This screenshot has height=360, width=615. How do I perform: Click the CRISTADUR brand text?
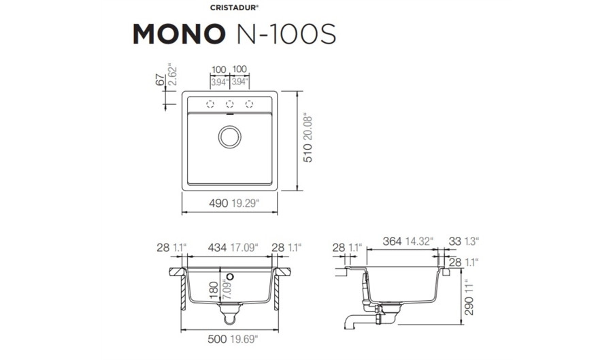tap(234, 7)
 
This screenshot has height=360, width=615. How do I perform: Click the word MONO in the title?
tap(179, 34)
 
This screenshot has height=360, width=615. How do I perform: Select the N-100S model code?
tap(285, 34)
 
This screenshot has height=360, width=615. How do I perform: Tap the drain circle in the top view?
tap(230, 137)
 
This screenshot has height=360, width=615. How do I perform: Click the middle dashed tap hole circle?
tap(230, 104)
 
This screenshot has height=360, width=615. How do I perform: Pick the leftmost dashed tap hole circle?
tap(210, 104)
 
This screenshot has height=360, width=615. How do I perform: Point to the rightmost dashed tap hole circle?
tap(249, 104)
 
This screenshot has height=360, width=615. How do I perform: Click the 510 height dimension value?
tap(308, 153)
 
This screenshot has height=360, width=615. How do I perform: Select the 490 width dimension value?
tap(218, 203)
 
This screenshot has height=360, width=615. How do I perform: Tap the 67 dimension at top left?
tap(160, 80)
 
